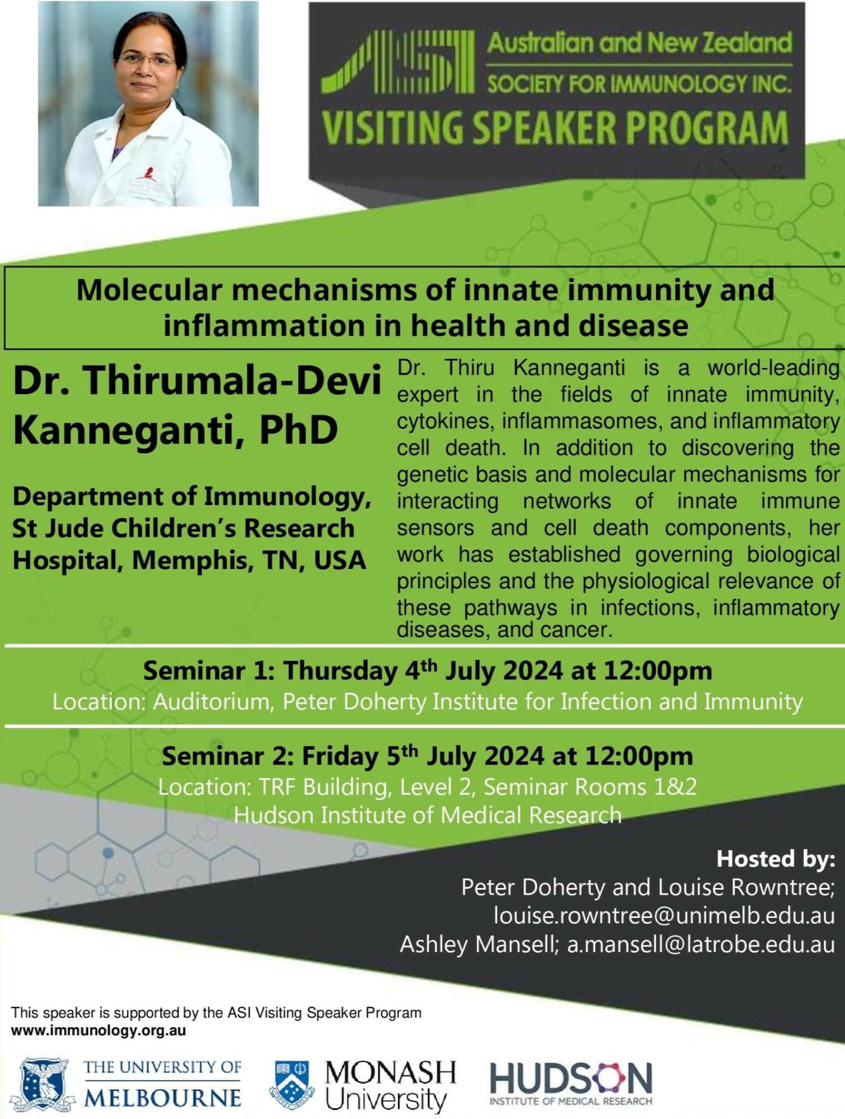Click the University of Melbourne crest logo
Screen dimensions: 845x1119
tap(43, 1085)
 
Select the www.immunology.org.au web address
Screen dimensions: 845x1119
tap(99, 1031)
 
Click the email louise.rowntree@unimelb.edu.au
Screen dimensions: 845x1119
tap(664, 916)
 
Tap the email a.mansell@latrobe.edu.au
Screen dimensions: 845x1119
tap(701, 944)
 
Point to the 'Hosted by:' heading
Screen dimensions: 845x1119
tap(776, 859)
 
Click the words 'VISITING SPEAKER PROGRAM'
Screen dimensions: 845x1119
tap(555, 127)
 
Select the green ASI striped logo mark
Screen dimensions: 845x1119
tap(398, 62)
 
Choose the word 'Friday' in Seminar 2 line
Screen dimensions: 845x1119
tap(340, 756)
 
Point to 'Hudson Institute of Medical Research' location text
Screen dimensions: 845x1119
tap(428, 815)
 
